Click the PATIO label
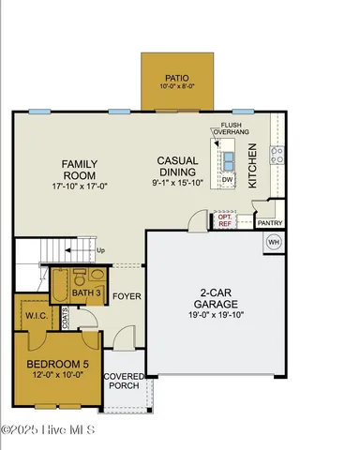point(177,79)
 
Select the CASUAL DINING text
point(176,166)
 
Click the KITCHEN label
point(253,172)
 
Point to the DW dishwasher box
point(228,178)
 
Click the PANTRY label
point(270,223)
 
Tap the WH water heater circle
point(274,242)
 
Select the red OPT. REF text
point(225,221)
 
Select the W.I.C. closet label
point(37,314)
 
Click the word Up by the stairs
point(101,251)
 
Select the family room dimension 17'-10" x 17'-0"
point(81,186)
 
